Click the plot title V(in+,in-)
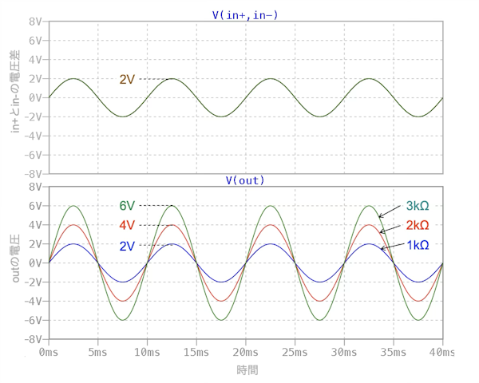[245, 14]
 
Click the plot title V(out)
[245, 180]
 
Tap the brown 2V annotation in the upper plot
[128, 79]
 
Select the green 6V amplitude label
[128, 206]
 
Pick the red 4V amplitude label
[128, 225]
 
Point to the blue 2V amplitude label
[128, 245]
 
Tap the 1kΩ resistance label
[418, 244]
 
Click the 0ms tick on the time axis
[49, 351]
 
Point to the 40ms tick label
[441, 351]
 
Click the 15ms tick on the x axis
[147, 351]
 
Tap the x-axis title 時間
[246, 370]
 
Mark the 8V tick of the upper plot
[34, 22]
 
